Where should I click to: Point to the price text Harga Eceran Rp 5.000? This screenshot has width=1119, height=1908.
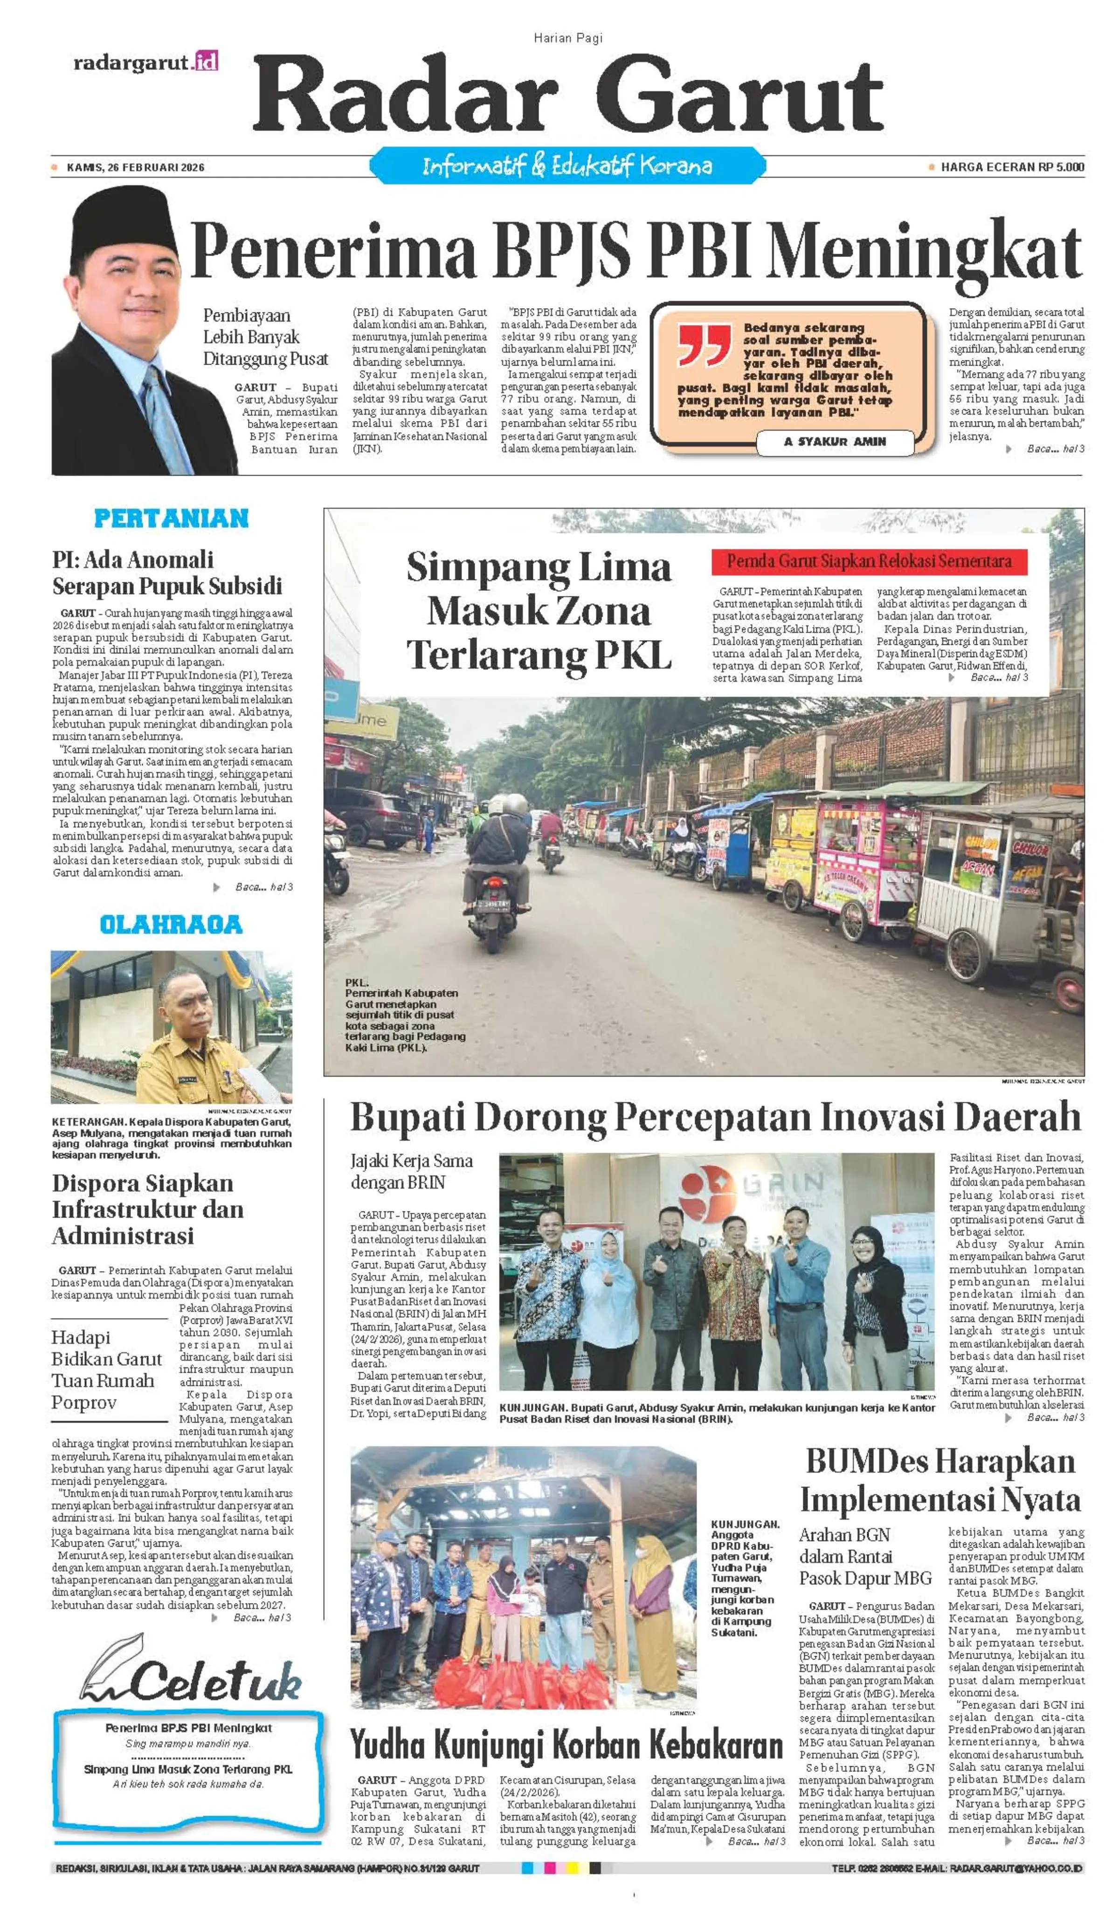[x=1011, y=167]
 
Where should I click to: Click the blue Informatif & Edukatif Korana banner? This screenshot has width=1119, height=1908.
[x=567, y=166]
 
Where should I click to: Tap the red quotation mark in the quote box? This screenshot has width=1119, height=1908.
[x=704, y=345]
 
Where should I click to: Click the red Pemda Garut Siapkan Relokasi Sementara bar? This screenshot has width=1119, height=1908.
[x=869, y=562]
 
